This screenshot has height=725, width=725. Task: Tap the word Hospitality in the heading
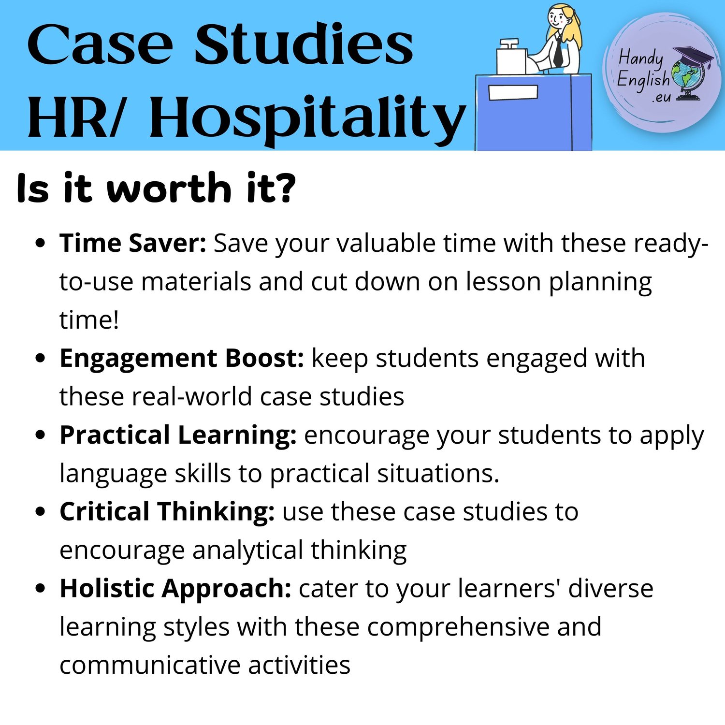pyautogui.click(x=308, y=118)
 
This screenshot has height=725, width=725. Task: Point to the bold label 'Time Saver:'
pyautogui.click(x=133, y=243)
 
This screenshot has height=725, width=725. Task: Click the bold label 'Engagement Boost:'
pyautogui.click(x=182, y=359)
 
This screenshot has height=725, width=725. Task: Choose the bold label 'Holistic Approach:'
pyautogui.click(x=175, y=589)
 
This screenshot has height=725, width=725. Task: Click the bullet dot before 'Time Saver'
pyautogui.click(x=41, y=243)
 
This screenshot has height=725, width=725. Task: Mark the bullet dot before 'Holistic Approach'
pyautogui.click(x=41, y=588)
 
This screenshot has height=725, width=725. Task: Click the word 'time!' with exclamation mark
pyautogui.click(x=89, y=320)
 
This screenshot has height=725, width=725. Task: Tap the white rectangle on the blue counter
pyautogui.click(x=513, y=93)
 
